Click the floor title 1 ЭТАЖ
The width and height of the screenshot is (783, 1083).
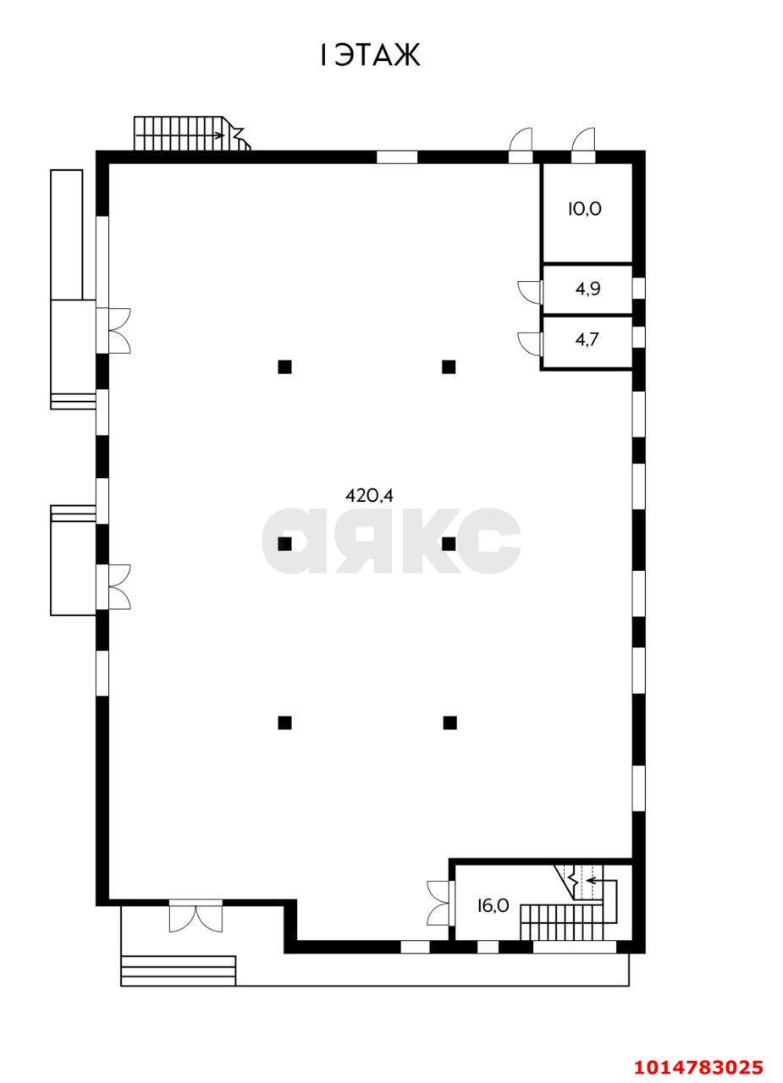[x=370, y=56]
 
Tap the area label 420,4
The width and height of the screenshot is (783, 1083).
[x=369, y=496]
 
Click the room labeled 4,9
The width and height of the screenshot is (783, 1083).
[x=588, y=289]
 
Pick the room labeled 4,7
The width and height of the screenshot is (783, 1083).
[x=588, y=340]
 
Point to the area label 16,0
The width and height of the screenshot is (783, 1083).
[x=492, y=905]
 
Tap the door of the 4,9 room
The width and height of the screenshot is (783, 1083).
[x=531, y=290]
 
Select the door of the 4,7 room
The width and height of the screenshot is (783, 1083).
[x=531, y=342]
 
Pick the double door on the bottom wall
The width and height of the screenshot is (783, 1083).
[x=196, y=916]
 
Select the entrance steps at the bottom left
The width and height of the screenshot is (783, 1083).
[x=178, y=970]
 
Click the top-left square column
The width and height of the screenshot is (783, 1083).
[x=285, y=367]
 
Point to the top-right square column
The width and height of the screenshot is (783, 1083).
[x=449, y=367]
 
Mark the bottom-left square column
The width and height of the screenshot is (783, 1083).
[x=285, y=723]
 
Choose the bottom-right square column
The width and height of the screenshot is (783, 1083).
[x=450, y=723]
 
